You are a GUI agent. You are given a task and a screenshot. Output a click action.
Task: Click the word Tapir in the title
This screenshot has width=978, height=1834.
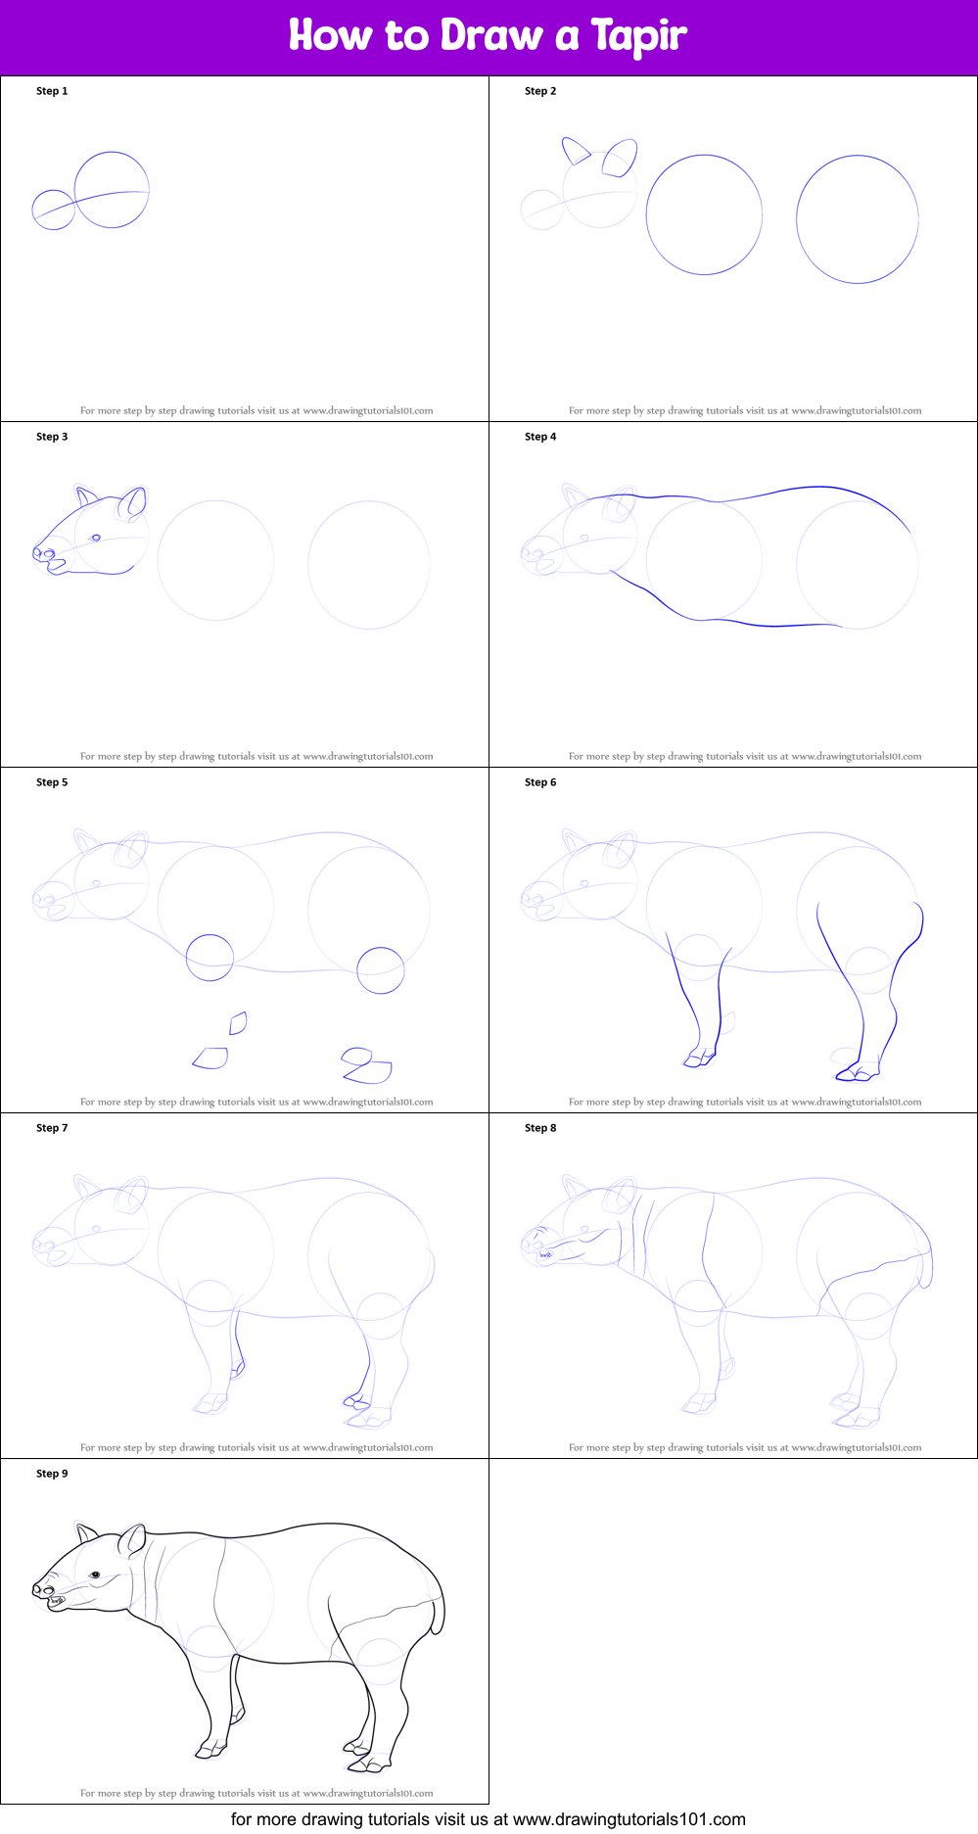click(x=638, y=36)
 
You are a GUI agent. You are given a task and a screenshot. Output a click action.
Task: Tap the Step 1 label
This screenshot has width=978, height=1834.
click(x=52, y=91)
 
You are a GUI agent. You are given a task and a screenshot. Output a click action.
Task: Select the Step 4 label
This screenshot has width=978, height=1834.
click(x=540, y=437)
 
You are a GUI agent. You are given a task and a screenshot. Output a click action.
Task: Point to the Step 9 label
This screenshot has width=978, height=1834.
click(x=52, y=1474)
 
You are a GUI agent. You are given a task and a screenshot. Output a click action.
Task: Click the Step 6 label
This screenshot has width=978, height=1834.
click(x=540, y=782)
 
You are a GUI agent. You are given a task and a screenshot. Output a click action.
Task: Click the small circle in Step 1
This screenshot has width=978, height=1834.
click(x=54, y=210)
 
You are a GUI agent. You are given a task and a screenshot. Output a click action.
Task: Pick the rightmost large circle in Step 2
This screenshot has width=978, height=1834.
click(x=858, y=219)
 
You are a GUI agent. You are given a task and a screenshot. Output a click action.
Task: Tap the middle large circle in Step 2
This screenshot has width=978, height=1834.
click(x=704, y=214)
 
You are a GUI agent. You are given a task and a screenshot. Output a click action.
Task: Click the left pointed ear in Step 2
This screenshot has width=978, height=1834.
click(x=575, y=151)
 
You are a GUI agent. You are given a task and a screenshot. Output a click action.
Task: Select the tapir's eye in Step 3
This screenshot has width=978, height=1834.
click(x=96, y=538)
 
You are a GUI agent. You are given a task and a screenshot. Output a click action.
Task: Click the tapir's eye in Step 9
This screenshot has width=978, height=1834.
click(x=96, y=1575)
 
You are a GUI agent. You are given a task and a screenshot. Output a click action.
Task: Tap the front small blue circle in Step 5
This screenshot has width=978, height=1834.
click(x=210, y=958)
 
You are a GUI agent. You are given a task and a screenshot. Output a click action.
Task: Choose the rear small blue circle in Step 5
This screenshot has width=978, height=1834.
click(x=380, y=970)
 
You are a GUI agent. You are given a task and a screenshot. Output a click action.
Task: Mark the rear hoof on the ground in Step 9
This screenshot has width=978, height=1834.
click(x=367, y=1764)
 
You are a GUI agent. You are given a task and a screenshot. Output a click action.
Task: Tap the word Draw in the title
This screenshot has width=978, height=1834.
click(x=491, y=36)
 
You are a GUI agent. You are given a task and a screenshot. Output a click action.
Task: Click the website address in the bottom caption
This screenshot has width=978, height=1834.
click(x=629, y=1819)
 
